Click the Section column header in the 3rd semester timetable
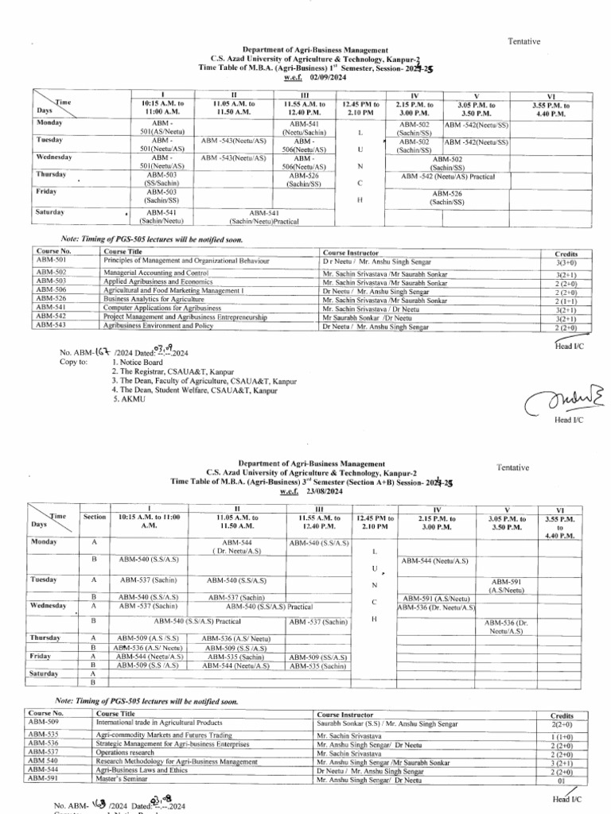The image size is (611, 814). tap(95, 517)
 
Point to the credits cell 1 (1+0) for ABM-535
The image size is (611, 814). tap(562, 737)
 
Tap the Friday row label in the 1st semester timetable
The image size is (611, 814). tap(46, 192)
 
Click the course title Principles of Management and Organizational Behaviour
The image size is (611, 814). tap(187, 261)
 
